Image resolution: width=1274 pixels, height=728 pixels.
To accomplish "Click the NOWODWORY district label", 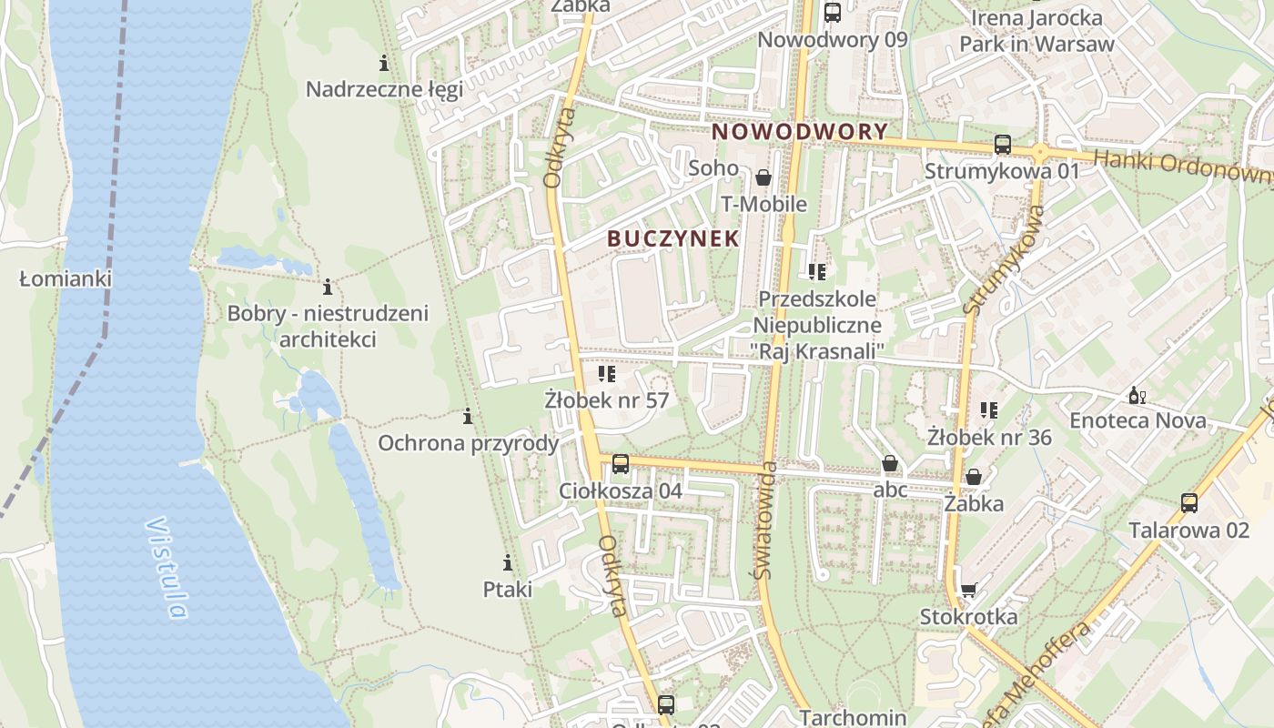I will [x=799, y=132].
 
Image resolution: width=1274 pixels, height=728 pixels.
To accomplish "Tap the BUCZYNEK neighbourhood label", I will [x=672, y=238].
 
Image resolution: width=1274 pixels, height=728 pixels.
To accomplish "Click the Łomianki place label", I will [x=66, y=278].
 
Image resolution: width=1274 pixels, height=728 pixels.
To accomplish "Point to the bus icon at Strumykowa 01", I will [x=1002, y=145].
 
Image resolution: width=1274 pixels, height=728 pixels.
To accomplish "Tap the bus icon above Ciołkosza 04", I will [x=621, y=464].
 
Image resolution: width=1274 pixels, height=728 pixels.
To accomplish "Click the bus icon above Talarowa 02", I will [x=1188, y=503].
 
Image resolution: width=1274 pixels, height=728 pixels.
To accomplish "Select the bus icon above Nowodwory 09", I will [x=832, y=13].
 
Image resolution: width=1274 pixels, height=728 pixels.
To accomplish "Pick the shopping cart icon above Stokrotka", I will [x=968, y=591].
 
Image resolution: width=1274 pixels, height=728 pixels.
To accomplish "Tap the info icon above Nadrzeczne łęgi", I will [x=384, y=63].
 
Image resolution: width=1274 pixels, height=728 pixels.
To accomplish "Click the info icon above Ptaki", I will [x=508, y=562].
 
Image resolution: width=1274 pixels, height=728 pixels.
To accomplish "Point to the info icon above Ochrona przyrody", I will [x=468, y=417].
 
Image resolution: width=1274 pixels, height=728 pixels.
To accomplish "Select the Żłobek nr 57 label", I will [x=606, y=400].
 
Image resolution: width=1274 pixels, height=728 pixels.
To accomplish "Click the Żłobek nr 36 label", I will [x=989, y=438].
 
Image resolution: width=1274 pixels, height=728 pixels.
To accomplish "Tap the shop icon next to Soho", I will [x=763, y=177].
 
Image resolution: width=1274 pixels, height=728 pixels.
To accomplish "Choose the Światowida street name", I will [x=764, y=521].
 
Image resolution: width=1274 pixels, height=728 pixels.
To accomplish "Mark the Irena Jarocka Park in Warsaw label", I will [x=1036, y=31].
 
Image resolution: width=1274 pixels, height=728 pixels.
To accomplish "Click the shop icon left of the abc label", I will [x=890, y=464].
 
